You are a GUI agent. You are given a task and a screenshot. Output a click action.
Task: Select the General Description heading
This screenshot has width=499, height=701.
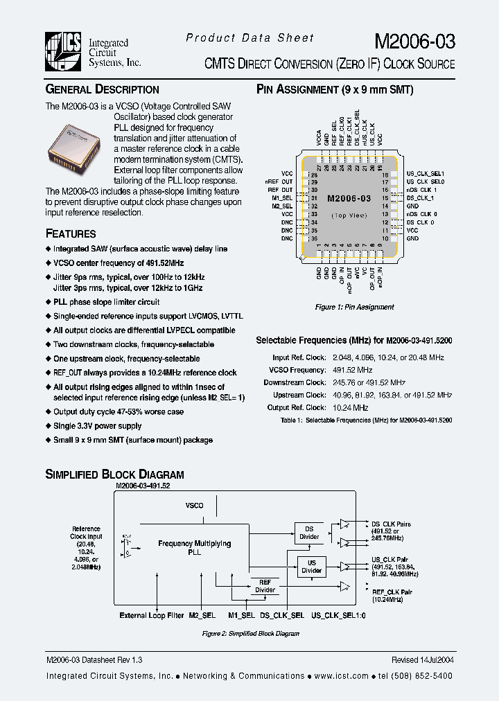[102, 89]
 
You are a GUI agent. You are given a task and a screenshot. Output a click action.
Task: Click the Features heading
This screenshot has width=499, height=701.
[71, 233]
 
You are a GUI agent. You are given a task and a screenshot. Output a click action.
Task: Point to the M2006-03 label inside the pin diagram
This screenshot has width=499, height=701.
[349, 198]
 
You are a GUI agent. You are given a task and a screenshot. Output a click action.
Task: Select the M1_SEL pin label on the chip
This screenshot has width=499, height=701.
[283, 197]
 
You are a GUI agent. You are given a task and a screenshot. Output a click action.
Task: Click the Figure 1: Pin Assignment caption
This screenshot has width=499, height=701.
[354, 307]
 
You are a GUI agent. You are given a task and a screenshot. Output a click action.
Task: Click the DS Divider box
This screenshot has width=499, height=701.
[310, 532]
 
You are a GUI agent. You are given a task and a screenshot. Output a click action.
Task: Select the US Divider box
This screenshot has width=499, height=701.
[311, 567]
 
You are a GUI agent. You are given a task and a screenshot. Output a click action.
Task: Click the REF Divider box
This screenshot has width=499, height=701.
[265, 586]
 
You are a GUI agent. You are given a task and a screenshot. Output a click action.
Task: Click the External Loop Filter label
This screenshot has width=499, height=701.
[152, 615]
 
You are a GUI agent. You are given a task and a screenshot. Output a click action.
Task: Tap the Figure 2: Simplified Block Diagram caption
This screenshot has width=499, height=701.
[250, 634]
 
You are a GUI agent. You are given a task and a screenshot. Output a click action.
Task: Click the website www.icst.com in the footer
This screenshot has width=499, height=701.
[329, 675]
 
